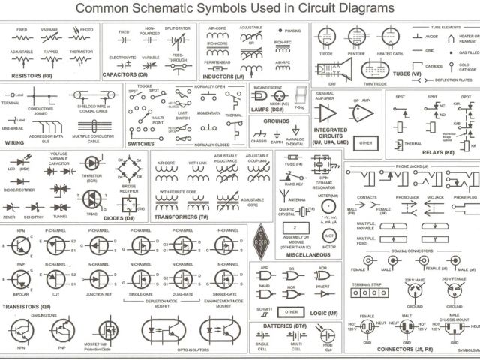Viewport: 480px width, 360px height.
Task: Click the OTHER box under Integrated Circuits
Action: point(365,142)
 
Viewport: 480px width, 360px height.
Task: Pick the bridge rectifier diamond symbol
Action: point(126,166)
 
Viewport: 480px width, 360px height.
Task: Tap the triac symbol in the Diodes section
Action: point(91,196)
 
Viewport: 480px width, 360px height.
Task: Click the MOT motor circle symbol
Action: point(328,234)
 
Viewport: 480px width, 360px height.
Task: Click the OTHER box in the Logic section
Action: point(294,312)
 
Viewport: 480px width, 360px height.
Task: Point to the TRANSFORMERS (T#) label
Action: point(182,216)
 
